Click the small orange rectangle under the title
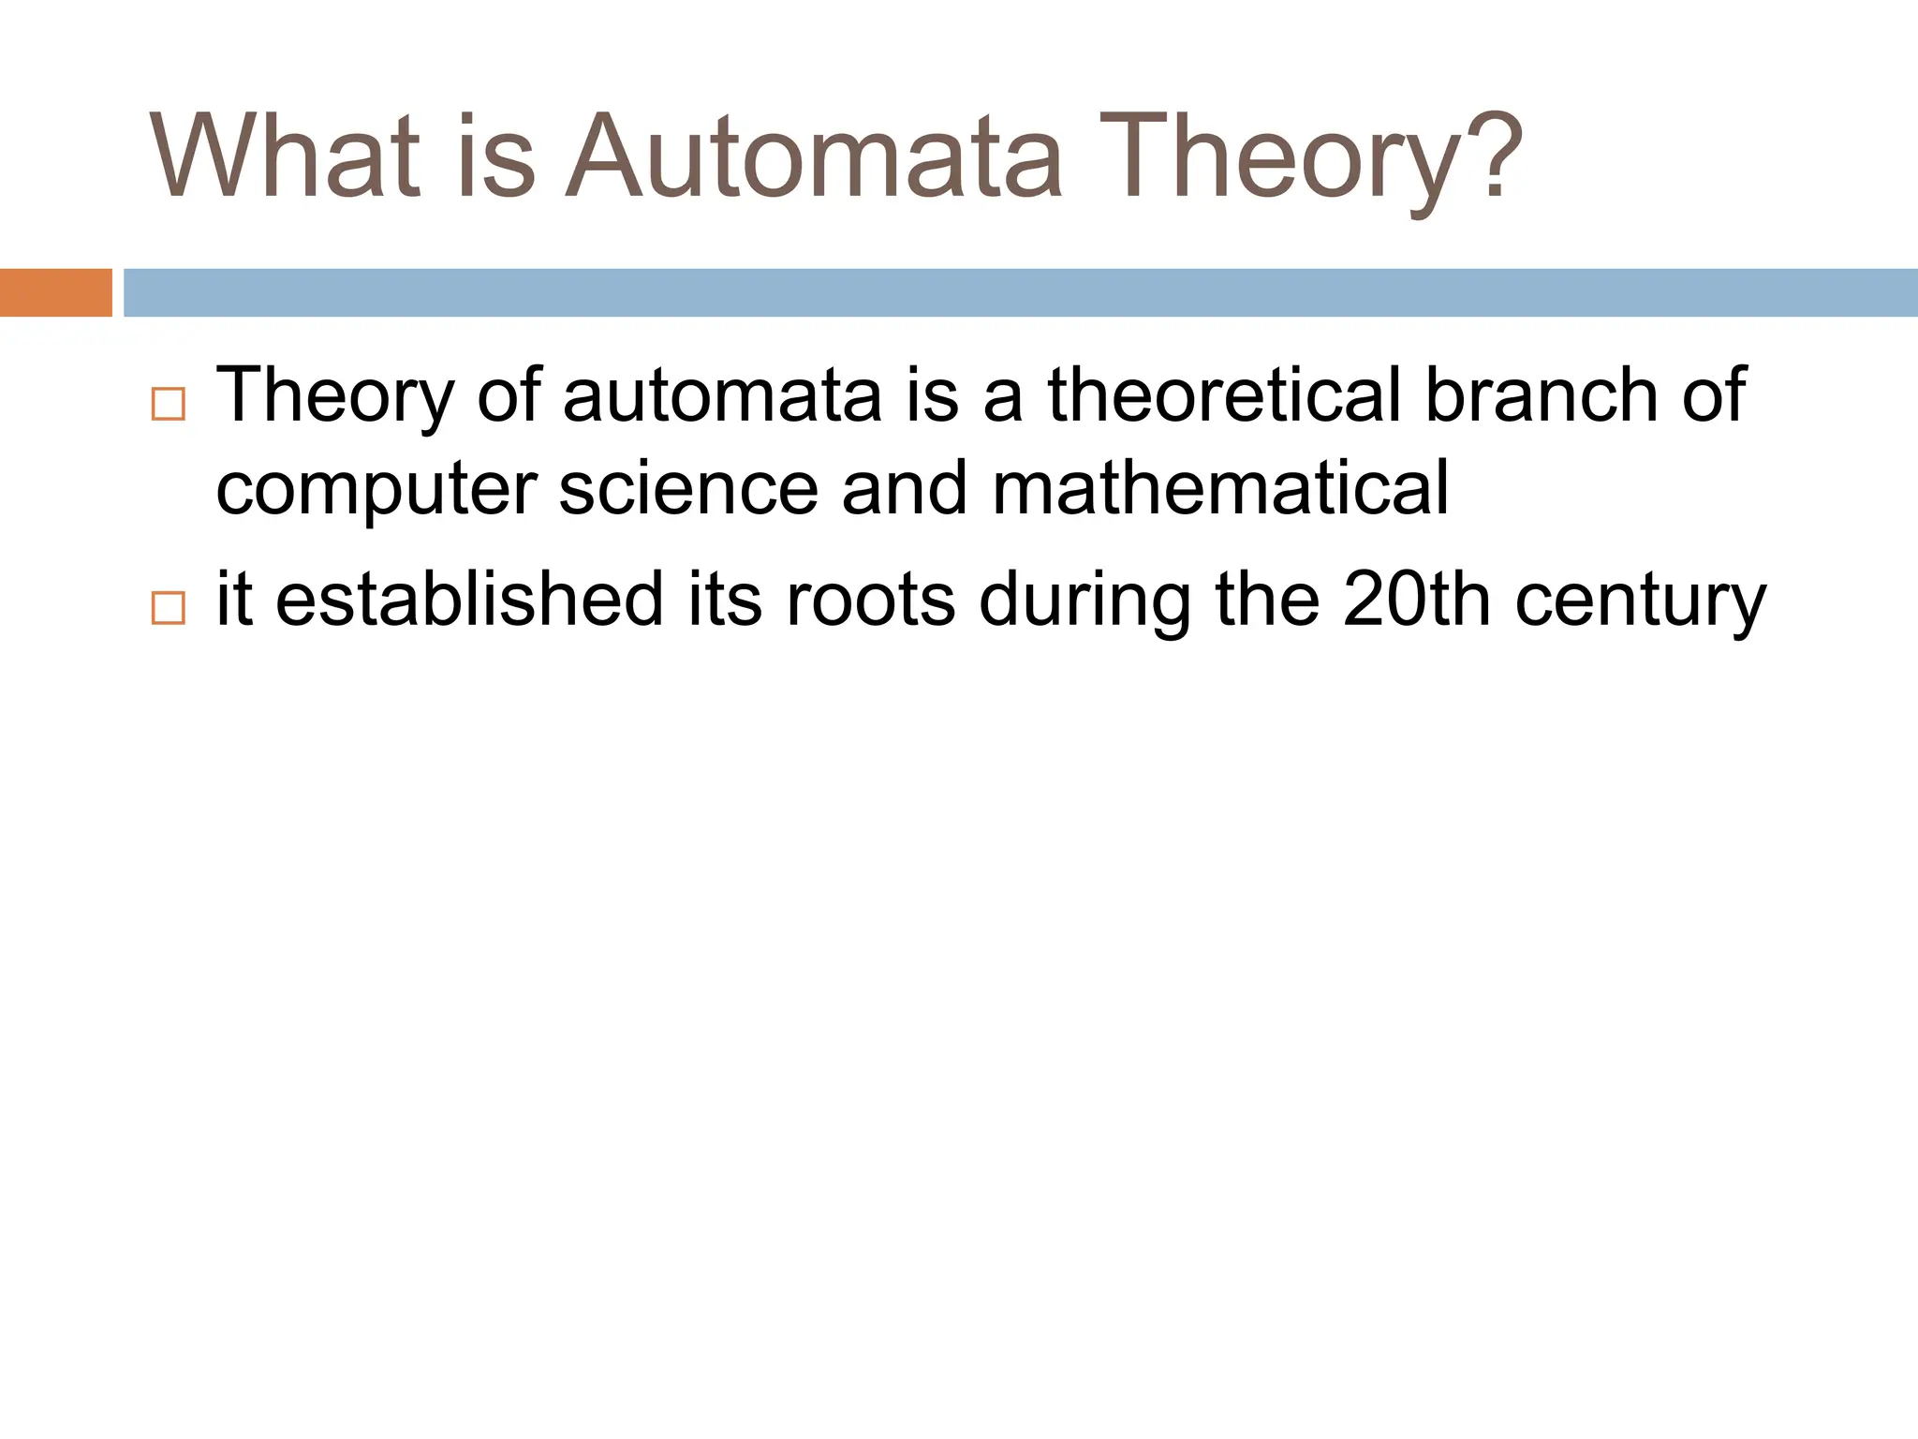click(55, 292)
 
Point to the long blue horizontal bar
click(1020, 292)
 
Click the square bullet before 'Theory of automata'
click(168, 404)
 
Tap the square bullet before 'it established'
click(168, 608)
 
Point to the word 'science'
click(688, 488)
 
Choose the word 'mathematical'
click(1220, 488)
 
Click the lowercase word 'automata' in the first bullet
click(722, 396)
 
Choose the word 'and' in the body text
click(904, 488)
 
